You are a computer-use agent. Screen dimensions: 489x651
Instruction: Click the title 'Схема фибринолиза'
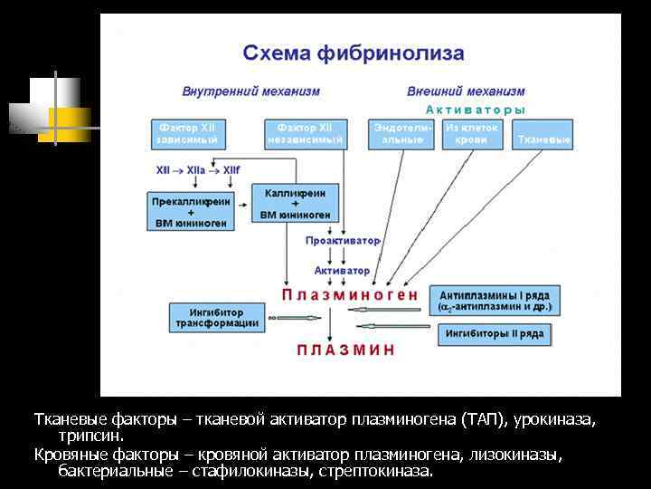click(354, 53)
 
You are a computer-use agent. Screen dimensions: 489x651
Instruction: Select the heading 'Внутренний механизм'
click(250, 91)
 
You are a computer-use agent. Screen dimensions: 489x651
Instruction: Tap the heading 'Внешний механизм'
click(466, 91)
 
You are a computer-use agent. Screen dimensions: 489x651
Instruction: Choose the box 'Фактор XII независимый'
click(305, 134)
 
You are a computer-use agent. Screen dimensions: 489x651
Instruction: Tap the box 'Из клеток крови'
click(471, 134)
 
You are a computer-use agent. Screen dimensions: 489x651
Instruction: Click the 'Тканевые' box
click(542, 139)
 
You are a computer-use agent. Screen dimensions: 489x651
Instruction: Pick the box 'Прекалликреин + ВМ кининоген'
click(190, 210)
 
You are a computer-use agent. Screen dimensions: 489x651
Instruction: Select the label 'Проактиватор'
click(343, 241)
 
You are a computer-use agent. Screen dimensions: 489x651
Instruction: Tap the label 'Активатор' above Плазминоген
click(342, 270)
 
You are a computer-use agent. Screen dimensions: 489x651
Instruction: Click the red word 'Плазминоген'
click(349, 294)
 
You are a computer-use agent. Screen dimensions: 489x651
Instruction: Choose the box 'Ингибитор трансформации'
click(216, 316)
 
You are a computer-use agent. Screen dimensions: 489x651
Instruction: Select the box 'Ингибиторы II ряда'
click(494, 334)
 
